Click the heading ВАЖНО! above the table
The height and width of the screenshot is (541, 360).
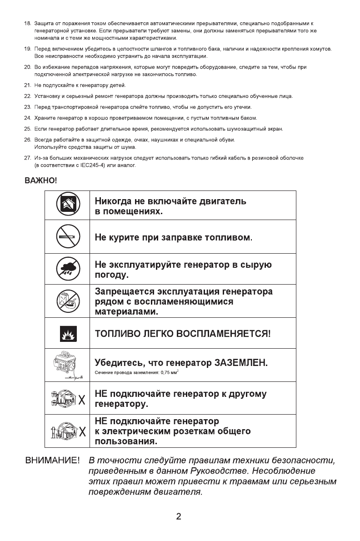(x=40, y=181)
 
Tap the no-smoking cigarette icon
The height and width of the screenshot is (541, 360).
(x=68, y=237)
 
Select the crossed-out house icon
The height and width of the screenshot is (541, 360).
(x=68, y=205)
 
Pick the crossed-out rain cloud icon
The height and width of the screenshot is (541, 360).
(x=68, y=268)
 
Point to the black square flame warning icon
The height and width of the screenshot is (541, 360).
(x=68, y=333)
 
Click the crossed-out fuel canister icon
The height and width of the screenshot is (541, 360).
(x=68, y=301)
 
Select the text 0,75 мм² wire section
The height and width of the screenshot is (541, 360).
(x=159, y=373)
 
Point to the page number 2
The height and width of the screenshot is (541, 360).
(x=179, y=516)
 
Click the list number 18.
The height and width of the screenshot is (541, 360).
(x=27, y=23)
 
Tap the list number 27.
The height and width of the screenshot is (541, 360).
(x=27, y=158)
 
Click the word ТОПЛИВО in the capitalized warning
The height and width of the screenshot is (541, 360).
(x=119, y=333)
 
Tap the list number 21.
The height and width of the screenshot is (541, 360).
(x=27, y=85)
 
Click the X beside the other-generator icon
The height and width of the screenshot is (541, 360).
(x=82, y=401)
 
